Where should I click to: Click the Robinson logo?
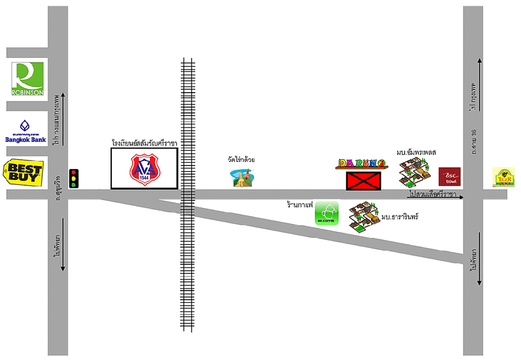point(27,79)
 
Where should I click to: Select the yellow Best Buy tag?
point(23,172)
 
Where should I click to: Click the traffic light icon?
point(74,178)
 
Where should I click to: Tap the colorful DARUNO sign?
point(361,164)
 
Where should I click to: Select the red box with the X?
point(364,181)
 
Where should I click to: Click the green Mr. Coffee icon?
point(326,213)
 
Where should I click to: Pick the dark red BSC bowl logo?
point(449,177)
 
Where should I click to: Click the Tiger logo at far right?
point(503,177)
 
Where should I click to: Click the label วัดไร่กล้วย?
point(242,159)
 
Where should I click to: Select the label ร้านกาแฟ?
point(300,204)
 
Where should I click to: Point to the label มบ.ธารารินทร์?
point(399,216)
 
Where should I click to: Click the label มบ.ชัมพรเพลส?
point(416,152)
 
